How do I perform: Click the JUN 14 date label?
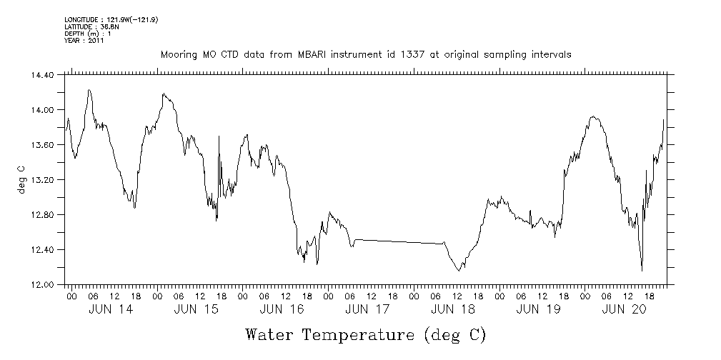(x=110, y=309)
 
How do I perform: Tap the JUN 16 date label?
(x=281, y=309)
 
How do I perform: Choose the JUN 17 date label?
(x=367, y=309)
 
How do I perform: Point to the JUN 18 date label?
(x=452, y=309)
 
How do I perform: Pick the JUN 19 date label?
(x=537, y=309)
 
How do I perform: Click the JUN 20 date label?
(x=623, y=309)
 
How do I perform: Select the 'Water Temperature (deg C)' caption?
(x=366, y=334)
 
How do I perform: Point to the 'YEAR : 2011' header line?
(x=84, y=41)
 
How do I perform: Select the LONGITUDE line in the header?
(x=111, y=19)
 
